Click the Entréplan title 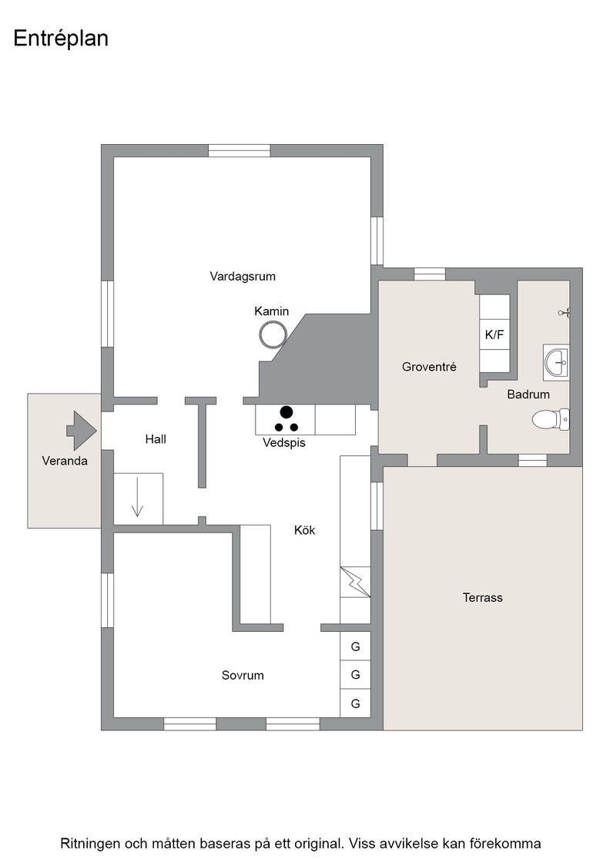pos(61,39)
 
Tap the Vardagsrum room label pos(243,277)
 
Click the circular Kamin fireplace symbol pos(273,334)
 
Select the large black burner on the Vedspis pos(286,411)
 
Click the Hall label pos(156,439)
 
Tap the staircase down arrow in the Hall pos(137,498)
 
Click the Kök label pos(305,530)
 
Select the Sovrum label pos(243,675)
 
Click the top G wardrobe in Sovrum pos(355,646)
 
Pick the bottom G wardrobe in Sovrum pos(355,703)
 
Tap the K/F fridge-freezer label pos(494,334)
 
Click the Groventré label pos(429,367)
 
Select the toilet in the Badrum pos(551,419)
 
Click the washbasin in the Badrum pos(556,362)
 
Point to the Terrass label pos(482,598)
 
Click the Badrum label pos(528,394)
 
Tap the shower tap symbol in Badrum pos(565,313)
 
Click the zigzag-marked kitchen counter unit pos(355,582)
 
